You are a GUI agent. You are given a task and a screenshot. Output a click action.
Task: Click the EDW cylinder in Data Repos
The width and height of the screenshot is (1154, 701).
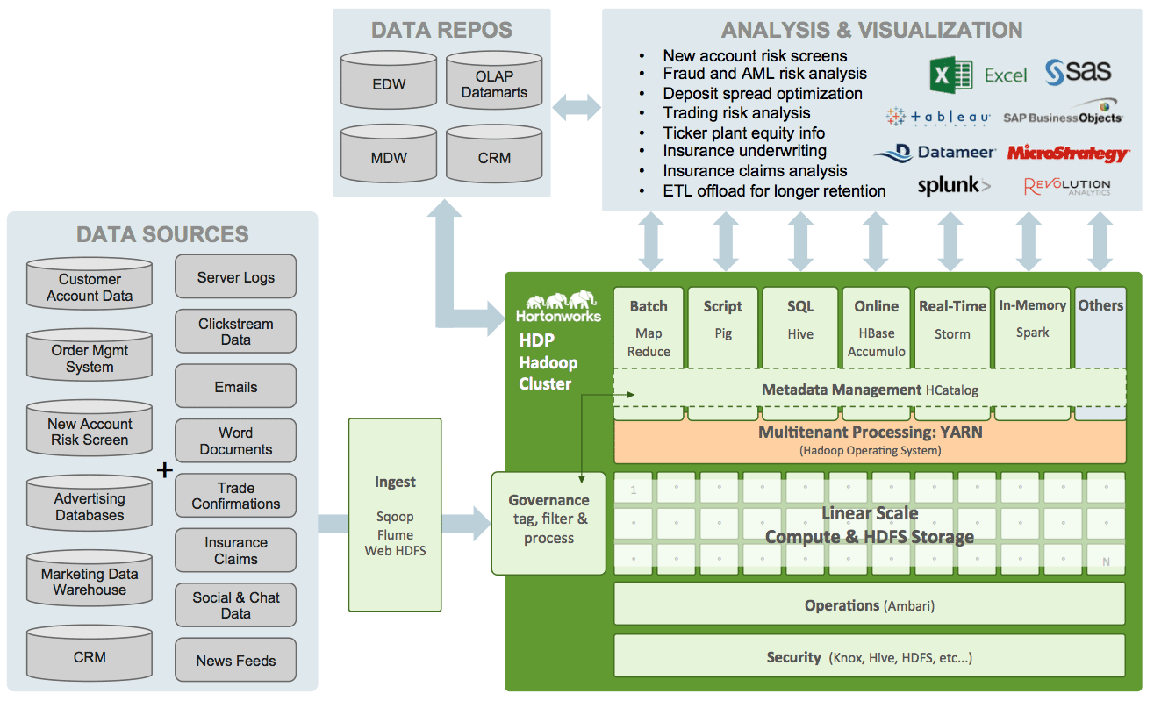(x=389, y=84)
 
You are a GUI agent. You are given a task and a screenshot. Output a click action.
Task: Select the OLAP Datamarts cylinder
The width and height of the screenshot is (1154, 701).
(x=494, y=84)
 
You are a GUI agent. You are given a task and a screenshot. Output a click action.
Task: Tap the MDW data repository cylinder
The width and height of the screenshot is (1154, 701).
(x=389, y=158)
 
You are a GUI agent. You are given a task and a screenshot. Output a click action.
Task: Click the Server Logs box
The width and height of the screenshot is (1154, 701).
(x=236, y=277)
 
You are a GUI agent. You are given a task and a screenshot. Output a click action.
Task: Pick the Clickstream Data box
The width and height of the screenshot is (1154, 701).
(x=236, y=332)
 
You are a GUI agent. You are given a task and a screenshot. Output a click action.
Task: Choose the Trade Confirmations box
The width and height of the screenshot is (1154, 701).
(x=236, y=496)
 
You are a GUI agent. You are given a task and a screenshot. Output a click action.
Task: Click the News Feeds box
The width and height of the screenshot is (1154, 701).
(x=236, y=661)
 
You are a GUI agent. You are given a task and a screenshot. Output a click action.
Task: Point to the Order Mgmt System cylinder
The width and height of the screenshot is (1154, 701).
(x=90, y=359)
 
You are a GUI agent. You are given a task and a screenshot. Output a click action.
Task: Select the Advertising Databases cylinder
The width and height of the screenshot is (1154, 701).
(x=90, y=506)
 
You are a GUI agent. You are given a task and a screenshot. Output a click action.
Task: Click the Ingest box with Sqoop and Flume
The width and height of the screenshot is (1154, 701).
(x=395, y=515)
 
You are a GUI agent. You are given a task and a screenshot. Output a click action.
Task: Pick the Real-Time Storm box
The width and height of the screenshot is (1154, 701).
(x=952, y=326)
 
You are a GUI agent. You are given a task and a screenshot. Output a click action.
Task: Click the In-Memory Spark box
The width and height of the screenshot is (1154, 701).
(x=1032, y=326)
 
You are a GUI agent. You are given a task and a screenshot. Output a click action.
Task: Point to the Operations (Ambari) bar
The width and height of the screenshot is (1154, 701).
(x=869, y=605)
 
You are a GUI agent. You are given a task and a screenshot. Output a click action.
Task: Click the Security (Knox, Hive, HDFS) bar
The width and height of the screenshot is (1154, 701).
(x=869, y=657)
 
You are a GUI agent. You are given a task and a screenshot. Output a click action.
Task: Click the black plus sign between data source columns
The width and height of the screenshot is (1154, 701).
(x=164, y=470)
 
